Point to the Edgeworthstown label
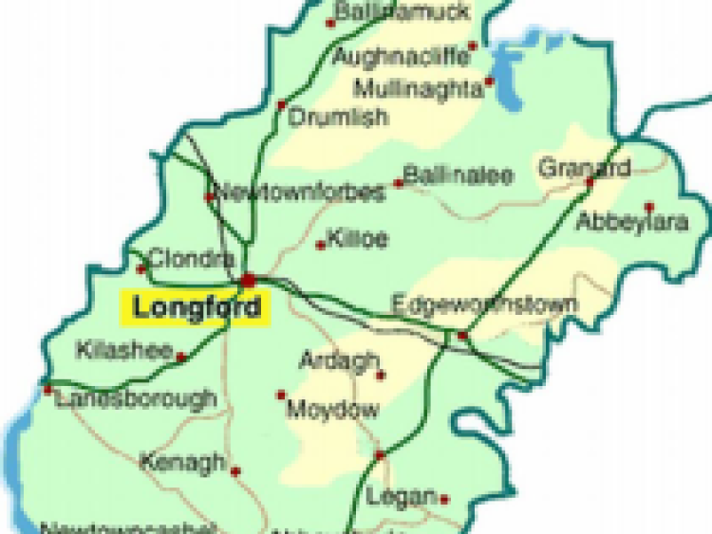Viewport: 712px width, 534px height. tap(484, 305)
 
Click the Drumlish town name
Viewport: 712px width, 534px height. tap(338, 119)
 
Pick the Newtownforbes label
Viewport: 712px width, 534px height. tap(301, 193)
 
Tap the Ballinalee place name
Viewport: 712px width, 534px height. tap(459, 175)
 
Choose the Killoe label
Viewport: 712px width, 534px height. tap(357, 239)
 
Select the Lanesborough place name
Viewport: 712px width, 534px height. tap(136, 399)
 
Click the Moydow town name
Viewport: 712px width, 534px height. tap(332, 411)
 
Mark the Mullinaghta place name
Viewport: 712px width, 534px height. tap(418, 90)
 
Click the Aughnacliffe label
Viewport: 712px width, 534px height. tap(400, 57)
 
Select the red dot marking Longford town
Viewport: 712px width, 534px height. tap(249, 280)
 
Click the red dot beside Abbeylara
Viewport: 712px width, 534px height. tap(649, 206)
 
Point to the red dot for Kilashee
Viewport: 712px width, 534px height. tap(180, 358)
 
